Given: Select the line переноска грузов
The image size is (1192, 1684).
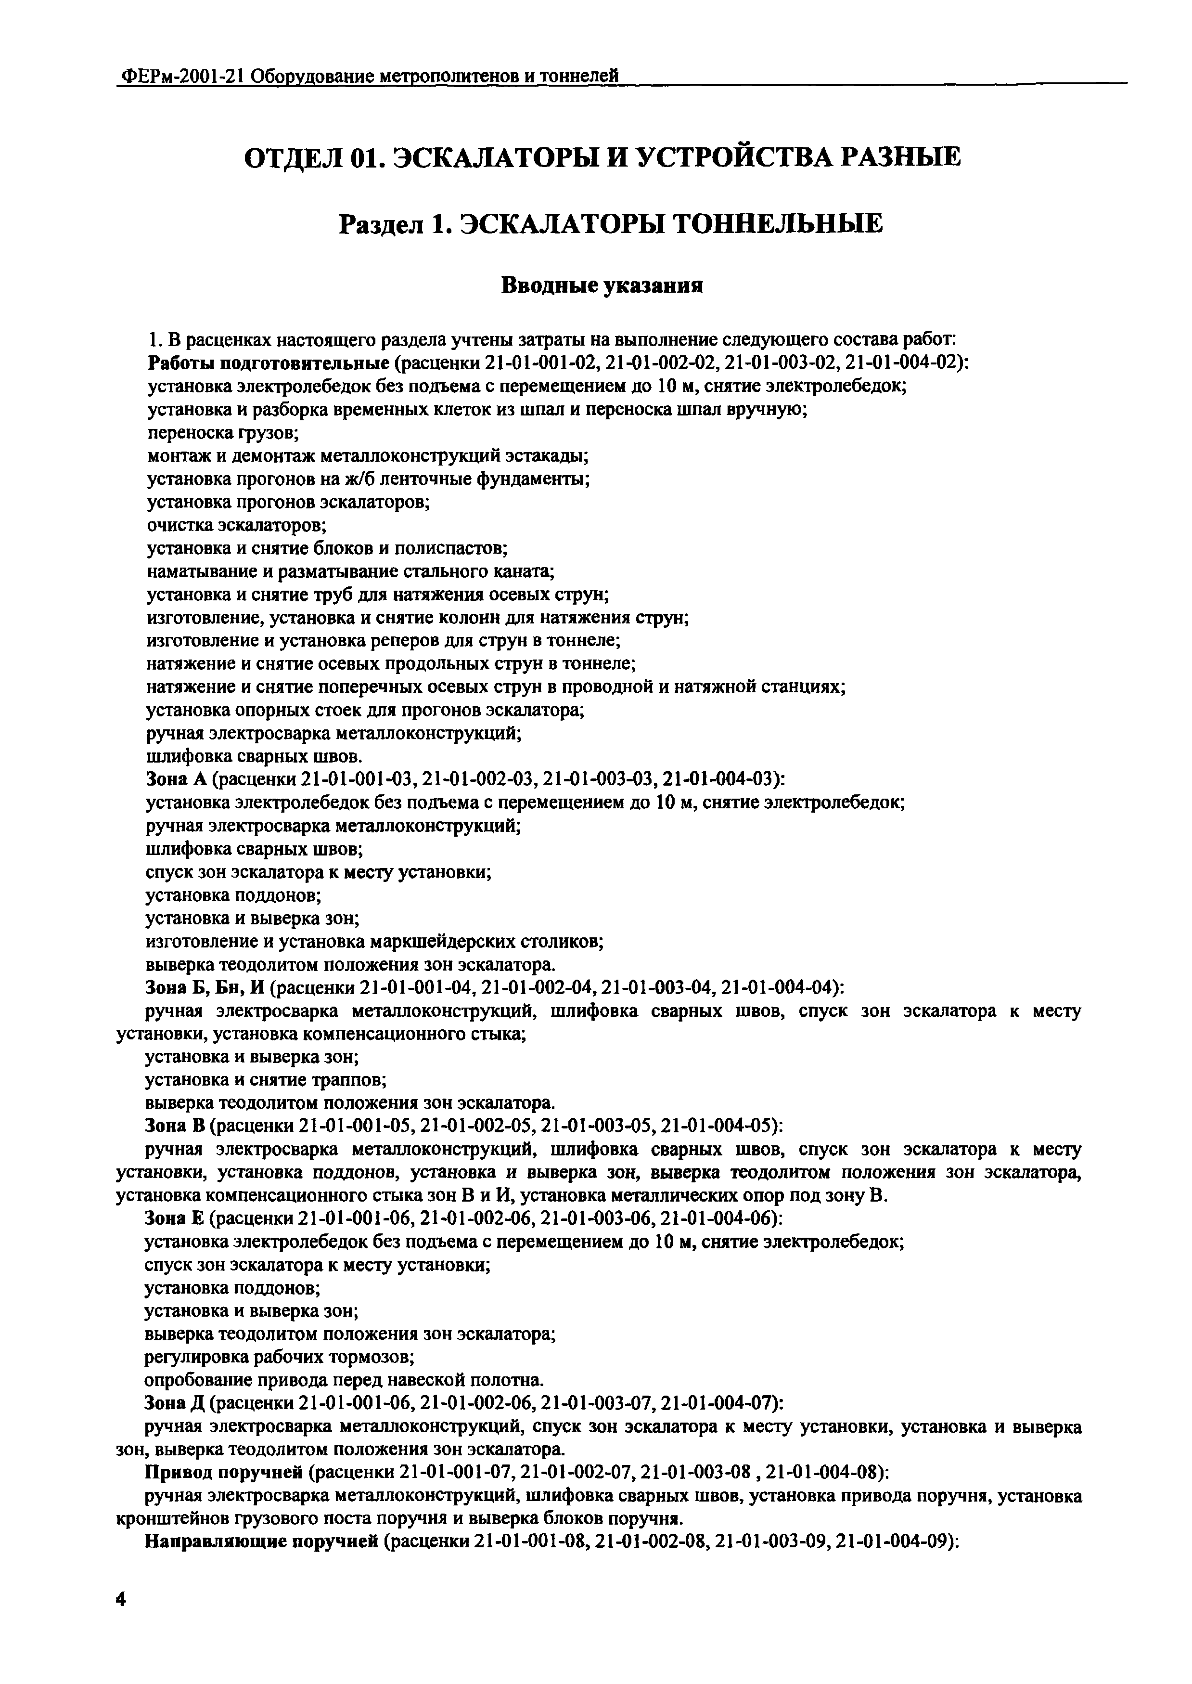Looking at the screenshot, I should [x=222, y=433].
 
